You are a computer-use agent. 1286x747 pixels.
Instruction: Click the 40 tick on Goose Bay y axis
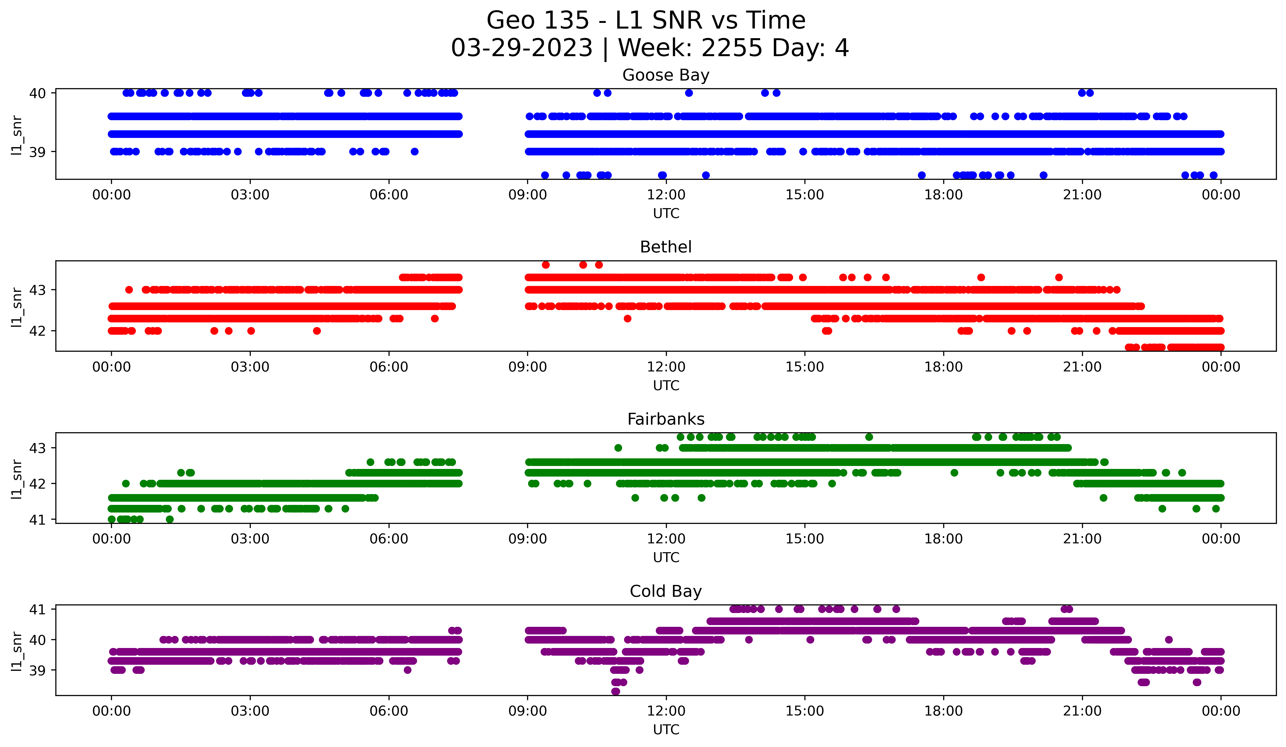[x=37, y=93]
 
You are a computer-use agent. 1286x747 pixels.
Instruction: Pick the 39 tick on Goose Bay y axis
[x=37, y=152]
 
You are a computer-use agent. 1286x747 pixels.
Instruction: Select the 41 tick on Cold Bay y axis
[x=37, y=609]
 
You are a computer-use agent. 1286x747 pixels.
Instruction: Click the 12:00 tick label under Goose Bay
[x=666, y=195]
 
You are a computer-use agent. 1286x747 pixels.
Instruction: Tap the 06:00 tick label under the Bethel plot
[x=389, y=367]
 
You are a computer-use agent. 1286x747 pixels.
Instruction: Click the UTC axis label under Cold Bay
[x=666, y=730]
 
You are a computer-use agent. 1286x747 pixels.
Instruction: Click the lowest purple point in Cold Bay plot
[x=615, y=691]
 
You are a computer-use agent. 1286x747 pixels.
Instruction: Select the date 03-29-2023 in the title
[x=521, y=48]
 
